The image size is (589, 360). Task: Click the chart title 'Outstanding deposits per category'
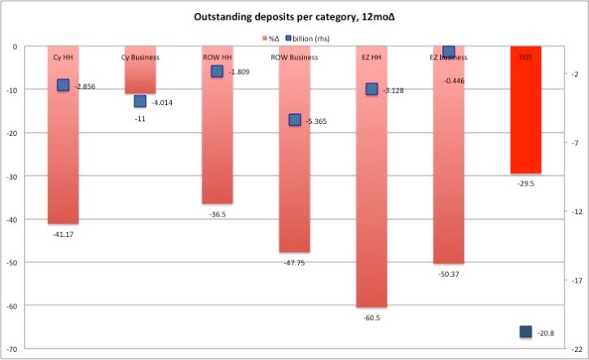[x=294, y=20]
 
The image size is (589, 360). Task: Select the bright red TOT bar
[x=525, y=114]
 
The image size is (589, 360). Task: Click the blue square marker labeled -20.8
[x=525, y=331]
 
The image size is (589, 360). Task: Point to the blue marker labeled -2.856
[x=64, y=85]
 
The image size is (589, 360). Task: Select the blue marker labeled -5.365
[x=295, y=120]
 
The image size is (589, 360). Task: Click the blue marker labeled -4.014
[x=140, y=101]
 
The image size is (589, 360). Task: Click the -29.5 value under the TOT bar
[x=525, y=184]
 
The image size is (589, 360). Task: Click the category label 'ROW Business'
[x=294, y=58]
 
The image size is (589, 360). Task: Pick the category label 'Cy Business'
[x=140, y=58]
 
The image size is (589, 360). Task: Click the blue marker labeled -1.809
[x=218, y=72]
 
